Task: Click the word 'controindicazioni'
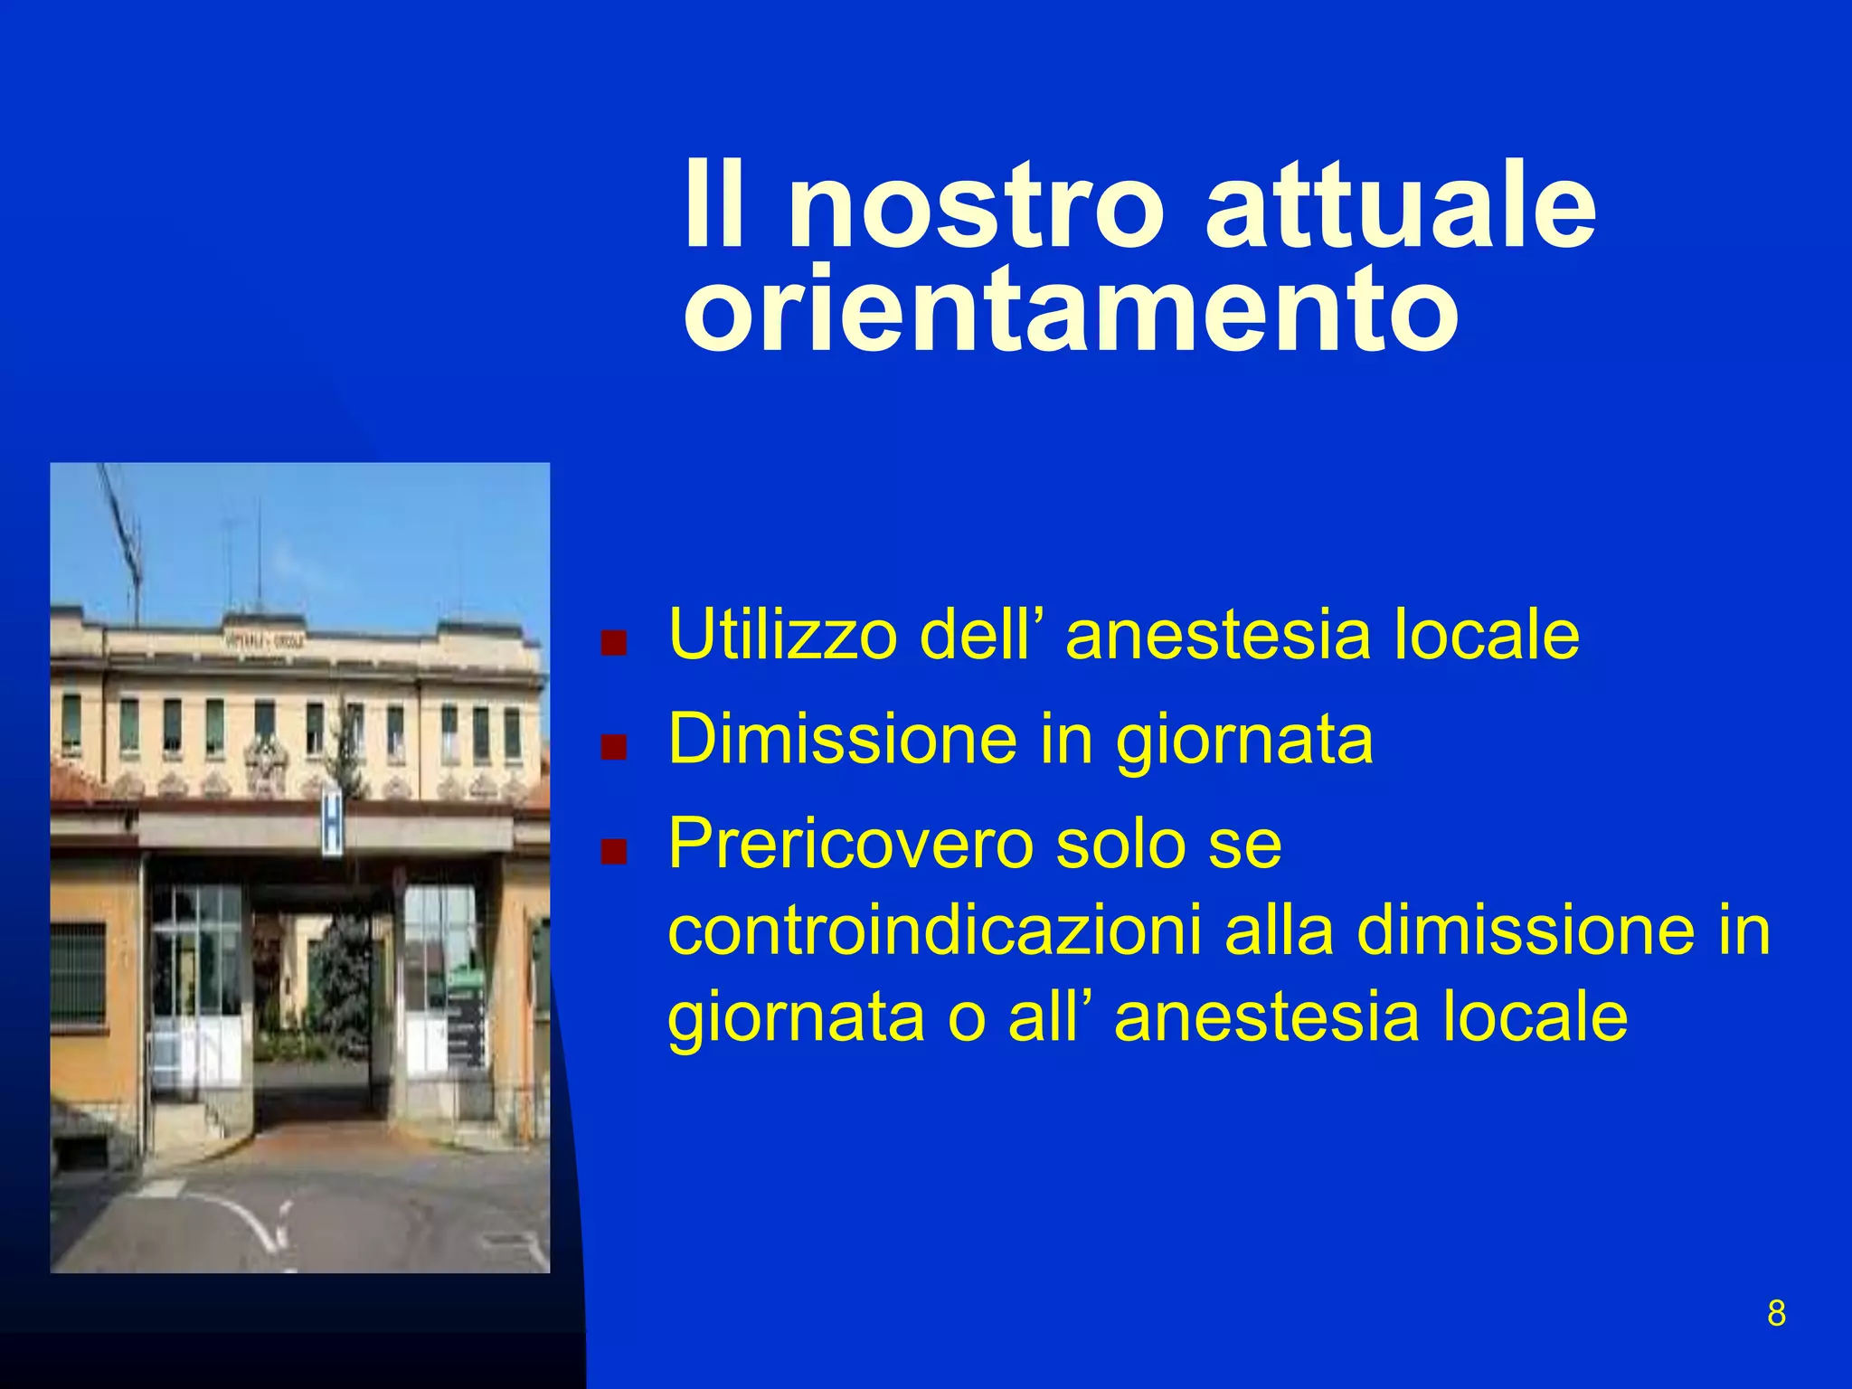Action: coord(935,931)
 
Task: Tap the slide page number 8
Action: coord(1776,1313)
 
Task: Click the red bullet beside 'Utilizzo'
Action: coord(614,643)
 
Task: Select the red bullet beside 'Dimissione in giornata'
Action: coord(614,748)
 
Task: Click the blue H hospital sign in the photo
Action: coord(333,821)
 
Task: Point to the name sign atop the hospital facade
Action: coord(264,639)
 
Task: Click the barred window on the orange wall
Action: coord(80,972)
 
